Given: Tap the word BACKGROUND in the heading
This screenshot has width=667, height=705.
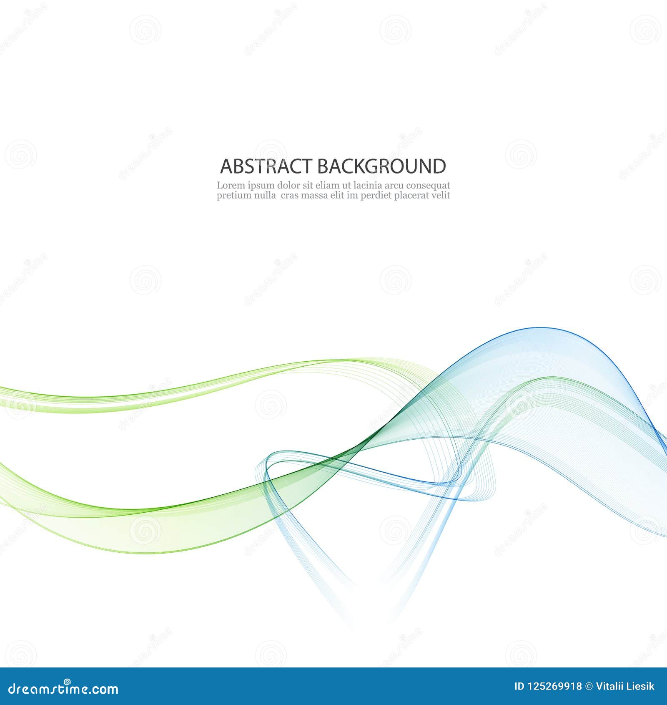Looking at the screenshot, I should tap(381, 166).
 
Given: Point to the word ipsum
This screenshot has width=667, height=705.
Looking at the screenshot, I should tap(261, 186).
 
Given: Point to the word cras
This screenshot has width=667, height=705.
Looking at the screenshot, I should tap(290, 195).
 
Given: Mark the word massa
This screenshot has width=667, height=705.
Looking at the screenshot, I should tap(315, 195).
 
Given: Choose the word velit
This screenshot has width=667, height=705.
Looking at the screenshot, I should tap(440, 195).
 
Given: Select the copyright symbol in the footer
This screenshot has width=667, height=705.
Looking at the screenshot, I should tap(589, 687).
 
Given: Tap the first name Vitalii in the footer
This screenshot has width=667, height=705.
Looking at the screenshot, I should tap(609, 687).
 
